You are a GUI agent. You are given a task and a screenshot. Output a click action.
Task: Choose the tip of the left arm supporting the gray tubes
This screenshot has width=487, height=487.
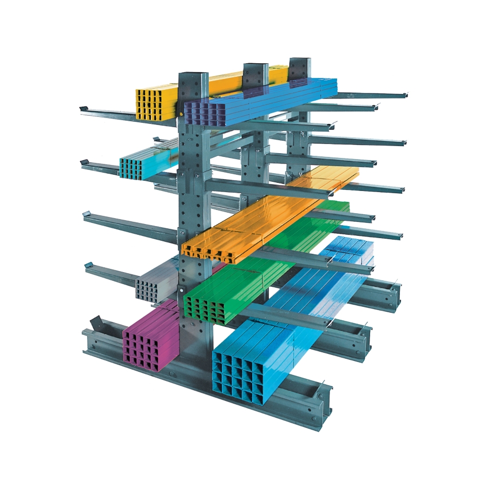pos(88,266)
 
